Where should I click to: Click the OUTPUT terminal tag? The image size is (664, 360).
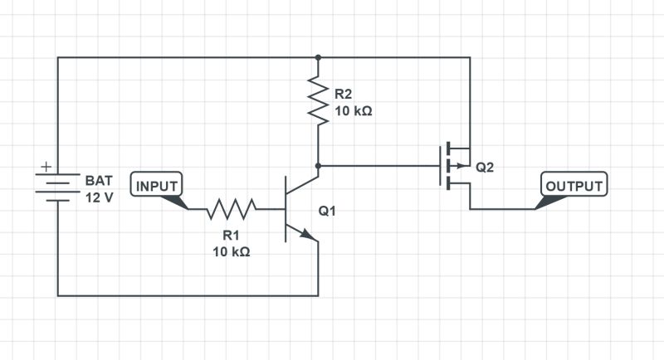tap(574, 185)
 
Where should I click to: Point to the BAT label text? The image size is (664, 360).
tap(97, 180)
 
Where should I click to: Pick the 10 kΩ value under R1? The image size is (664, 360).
tap(231, 252)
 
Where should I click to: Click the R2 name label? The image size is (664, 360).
tap(344, 93)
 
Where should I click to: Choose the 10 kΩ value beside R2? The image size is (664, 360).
tap(353, 109)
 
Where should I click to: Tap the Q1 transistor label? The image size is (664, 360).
tap(327, 211)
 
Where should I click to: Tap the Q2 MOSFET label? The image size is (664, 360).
tap(485, 167)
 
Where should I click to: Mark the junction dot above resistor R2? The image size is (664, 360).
tap(318, 57)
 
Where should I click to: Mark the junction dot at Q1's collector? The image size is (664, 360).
tap(318, 166)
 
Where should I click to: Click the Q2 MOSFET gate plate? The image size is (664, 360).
tap(440, 166)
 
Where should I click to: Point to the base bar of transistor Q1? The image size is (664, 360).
tap(286, 209)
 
